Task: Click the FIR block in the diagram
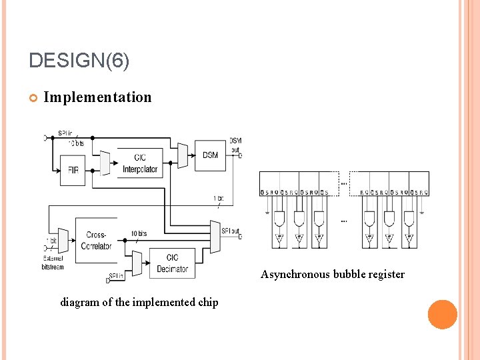click(73, 170)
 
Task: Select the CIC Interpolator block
click(140, 163)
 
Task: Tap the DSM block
click(210, 155)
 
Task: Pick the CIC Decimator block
click(172, 263)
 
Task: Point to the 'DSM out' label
click(236, 145)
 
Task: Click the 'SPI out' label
click(231, 231)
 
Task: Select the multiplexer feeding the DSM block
click(183, 155)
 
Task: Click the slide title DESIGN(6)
click(79, 61)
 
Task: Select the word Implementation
click(97, 97)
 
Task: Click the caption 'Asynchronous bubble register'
click(332, 275)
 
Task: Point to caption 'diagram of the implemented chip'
click(139, 303)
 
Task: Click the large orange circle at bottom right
click(442, 315)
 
